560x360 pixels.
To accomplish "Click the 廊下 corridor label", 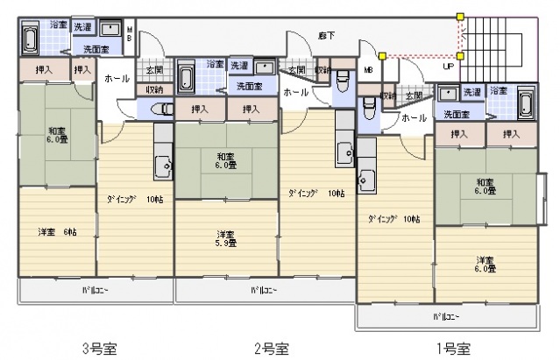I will (302, 35).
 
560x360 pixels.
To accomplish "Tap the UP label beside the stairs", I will (448, 66).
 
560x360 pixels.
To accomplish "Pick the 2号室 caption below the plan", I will (272, 348).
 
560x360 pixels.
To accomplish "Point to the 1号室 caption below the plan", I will (451, 348).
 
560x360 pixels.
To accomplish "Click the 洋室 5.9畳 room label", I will (226, 238).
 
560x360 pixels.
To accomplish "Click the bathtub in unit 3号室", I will (29, 39).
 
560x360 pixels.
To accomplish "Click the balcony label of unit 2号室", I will (265, 290).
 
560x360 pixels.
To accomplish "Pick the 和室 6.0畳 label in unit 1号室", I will (486, 186).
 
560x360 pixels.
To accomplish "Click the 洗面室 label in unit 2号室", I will (250, 85).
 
